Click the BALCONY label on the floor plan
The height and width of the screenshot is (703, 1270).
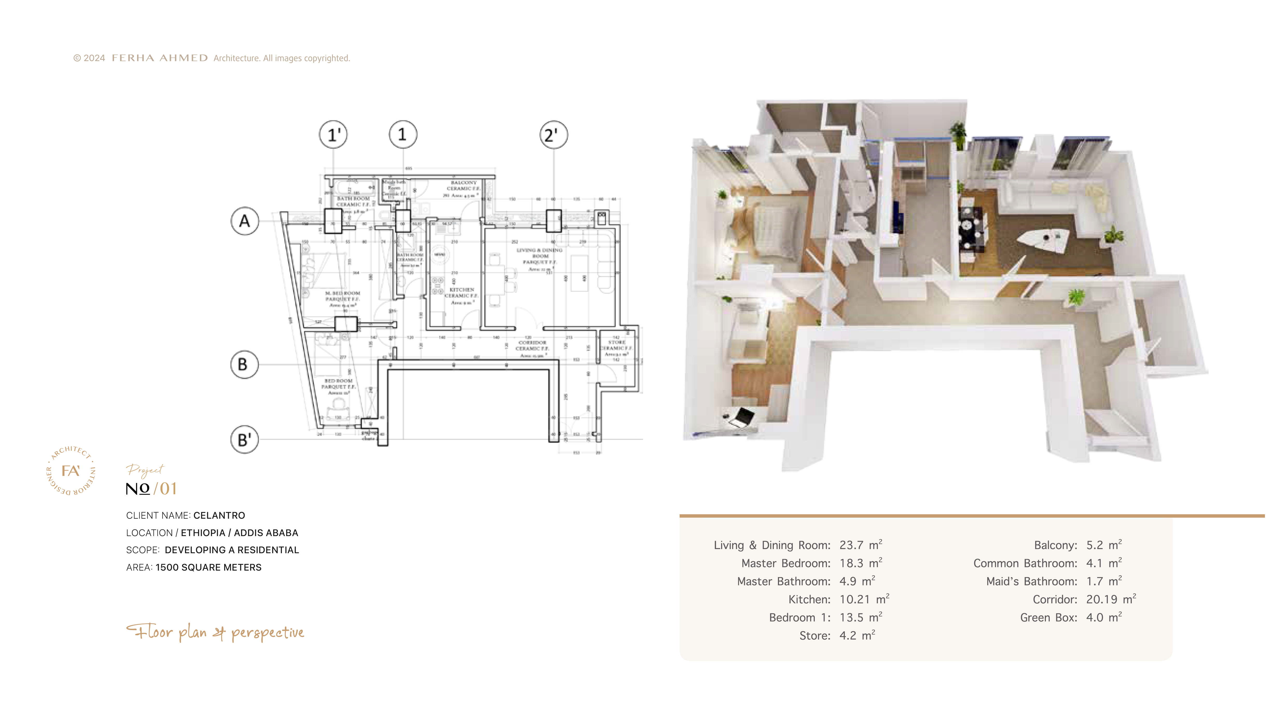point(464,182)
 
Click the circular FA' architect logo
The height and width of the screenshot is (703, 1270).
point(71,471)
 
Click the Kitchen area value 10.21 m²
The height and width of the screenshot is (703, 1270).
point(864,599)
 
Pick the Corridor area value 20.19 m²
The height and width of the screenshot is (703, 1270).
point(1111,599)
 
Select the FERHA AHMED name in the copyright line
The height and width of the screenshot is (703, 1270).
point(160,58)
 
